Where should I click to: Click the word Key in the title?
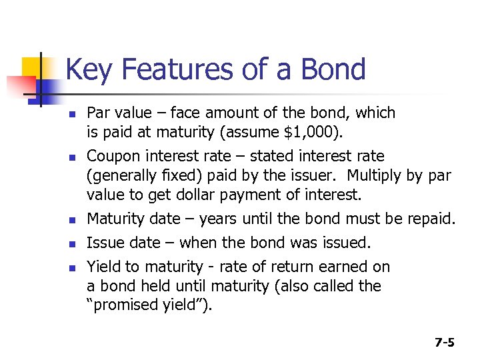[87, 69]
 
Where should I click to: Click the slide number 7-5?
[444, 343]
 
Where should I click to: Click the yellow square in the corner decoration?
[33, 67]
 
